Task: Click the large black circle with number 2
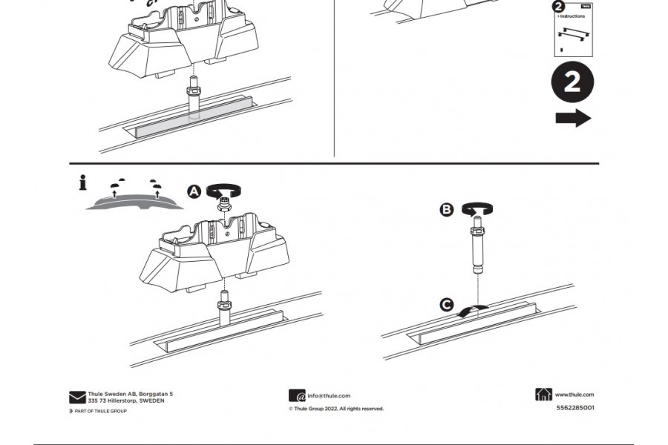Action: (x=572, y=82)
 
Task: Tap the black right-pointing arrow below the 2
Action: (x=573, y=119)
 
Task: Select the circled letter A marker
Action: (x=194, y=192)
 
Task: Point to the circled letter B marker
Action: (x=447, y=210)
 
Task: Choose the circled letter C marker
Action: (x=447, y=305)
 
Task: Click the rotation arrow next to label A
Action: (x=220, y=190)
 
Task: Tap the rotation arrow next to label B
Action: (x=474, y=209)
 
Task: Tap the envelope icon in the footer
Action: (x=77, y=398)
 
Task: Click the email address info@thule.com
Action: (x=329, y=396)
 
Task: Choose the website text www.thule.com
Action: (x=574, y=395)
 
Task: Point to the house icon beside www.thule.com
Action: (x=543, y=395)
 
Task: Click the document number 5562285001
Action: (x=574, y=407)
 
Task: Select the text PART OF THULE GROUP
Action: (x=101, y=411)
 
